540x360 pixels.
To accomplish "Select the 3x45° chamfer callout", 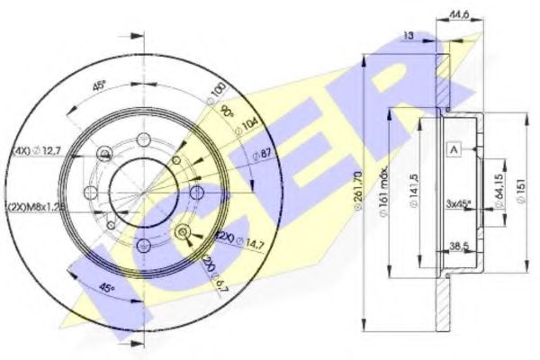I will pyautogui.click(x=461, y=202).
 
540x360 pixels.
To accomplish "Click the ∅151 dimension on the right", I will pyautogui.click(x=523, y=189).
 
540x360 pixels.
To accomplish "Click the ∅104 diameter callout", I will pyautogui.click(x=239, y=126).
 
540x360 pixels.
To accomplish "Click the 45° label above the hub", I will pyautogui.click(x=99, y=87).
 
